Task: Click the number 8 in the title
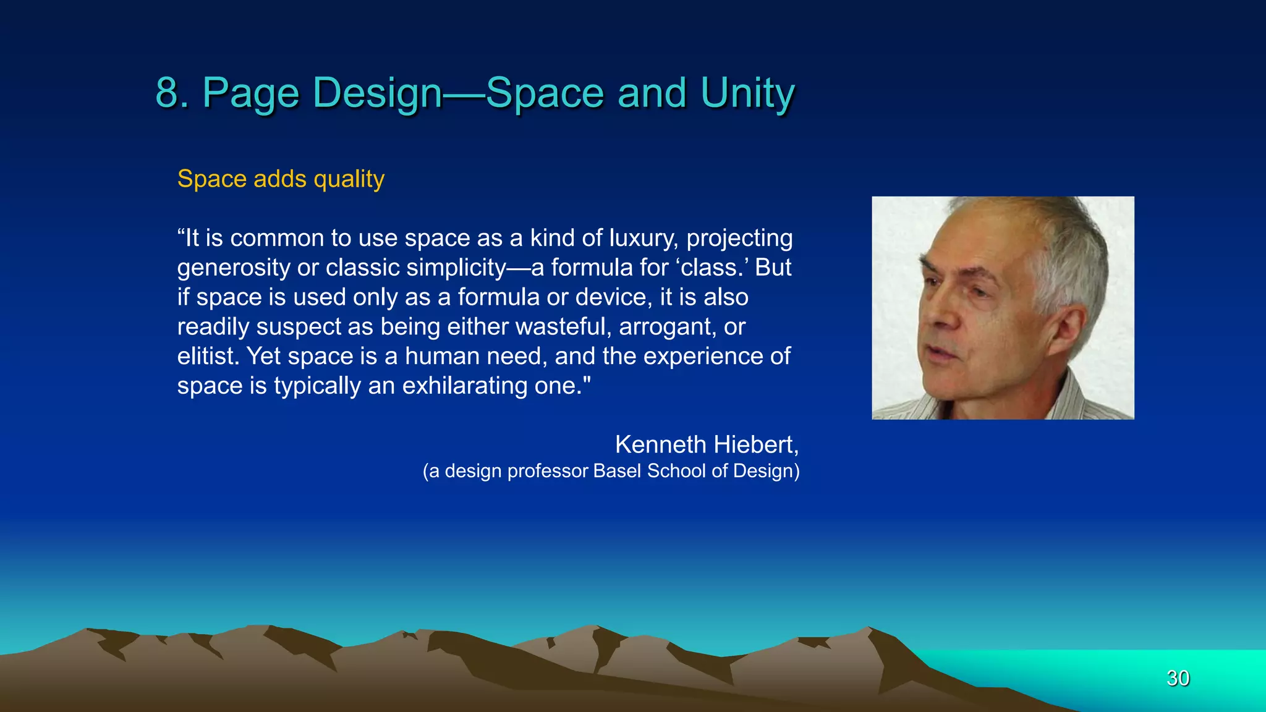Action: click(168, 93)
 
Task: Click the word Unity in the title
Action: click(747, 93)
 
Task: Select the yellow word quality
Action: click(349, 179)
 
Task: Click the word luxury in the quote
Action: click(643, 239)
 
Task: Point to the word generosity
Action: click(234, 268)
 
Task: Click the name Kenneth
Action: click(660, 445)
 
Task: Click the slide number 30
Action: click(1178, 678)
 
